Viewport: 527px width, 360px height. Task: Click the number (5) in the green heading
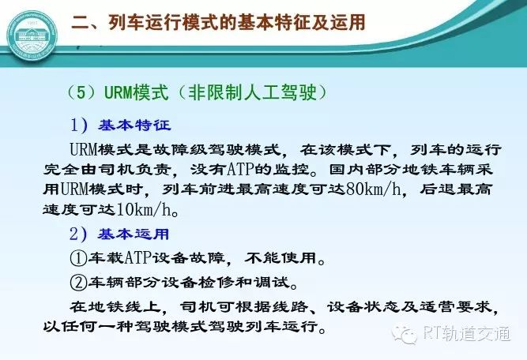82,92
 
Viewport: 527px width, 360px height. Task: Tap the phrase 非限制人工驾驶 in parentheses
252,92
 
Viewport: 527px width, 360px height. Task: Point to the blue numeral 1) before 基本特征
79,126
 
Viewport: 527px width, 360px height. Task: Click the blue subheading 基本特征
134,126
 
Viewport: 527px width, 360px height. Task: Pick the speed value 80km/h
373,189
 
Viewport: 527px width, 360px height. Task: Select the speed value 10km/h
144,209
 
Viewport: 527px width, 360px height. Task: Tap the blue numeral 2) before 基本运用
79,234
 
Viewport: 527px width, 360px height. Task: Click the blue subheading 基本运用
134,234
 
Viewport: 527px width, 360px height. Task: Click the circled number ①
78,259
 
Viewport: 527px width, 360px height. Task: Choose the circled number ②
78,283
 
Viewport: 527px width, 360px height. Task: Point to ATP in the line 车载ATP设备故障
138,258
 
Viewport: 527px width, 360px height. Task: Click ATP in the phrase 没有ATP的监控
240,169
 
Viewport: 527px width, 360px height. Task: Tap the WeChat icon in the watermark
404,334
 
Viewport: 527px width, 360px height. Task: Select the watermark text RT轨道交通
466,334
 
